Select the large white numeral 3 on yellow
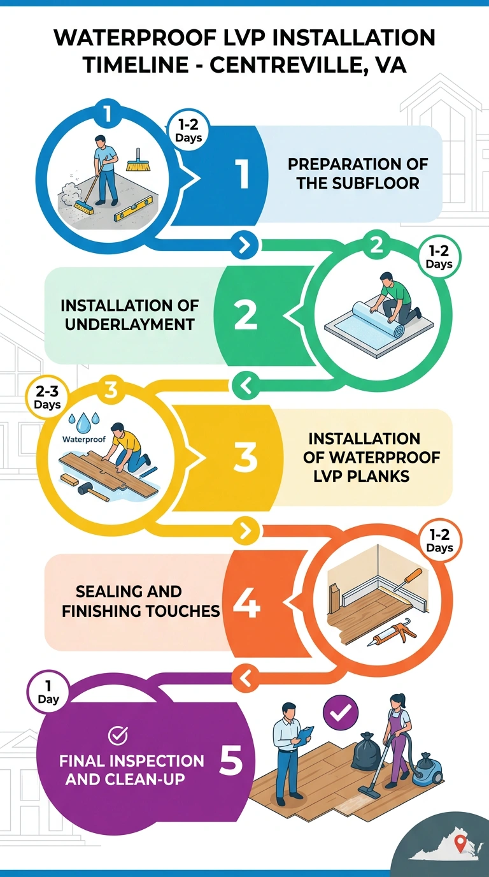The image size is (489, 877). (245, 456)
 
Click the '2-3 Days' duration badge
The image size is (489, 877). (47, 397)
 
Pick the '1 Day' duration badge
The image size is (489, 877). (48, 692)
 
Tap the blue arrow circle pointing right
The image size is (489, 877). (244, 245)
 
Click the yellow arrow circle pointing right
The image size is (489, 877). (245, 531)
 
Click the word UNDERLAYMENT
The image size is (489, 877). (129, 324)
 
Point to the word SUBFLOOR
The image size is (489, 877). (376, 183)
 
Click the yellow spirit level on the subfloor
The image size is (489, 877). (132, 211)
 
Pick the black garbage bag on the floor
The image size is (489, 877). (366, 751)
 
